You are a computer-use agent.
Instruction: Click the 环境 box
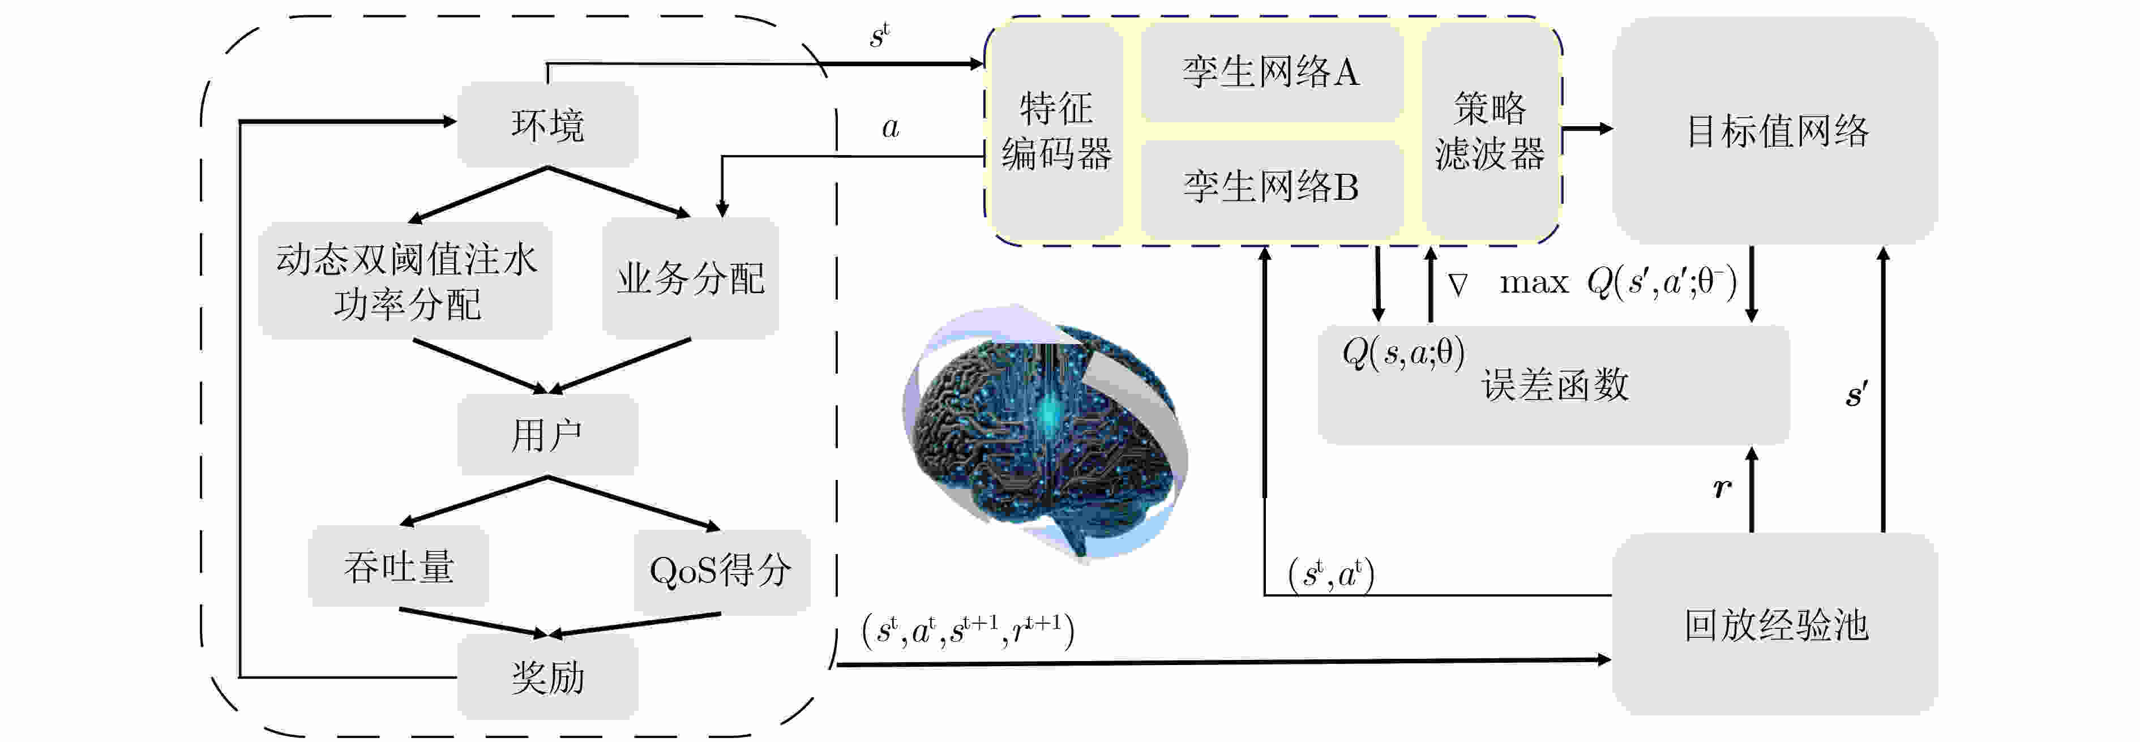tap(547, 124)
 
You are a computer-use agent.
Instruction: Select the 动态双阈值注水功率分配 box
tap(405, 281)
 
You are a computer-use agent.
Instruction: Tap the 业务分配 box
tap(690, 277)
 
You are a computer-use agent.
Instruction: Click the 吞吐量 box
tap(399, 566)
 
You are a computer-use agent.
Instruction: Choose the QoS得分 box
tap(721, 571)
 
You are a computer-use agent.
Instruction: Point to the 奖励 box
tap(547, 677)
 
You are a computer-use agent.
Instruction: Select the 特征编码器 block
tap(1056, 130)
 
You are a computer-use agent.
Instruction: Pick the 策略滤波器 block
tap(1490, 130)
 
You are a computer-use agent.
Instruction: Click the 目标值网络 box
tap(1775, 130)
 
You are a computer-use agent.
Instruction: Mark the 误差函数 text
tap(1555, 385)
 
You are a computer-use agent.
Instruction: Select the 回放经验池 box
tap(1775, 624)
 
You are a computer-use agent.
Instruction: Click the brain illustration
tap(1045, 433)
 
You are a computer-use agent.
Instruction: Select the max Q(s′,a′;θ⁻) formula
tap(1618, 282)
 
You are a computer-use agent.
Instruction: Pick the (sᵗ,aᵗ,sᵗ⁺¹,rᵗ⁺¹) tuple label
tap(968, 631)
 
